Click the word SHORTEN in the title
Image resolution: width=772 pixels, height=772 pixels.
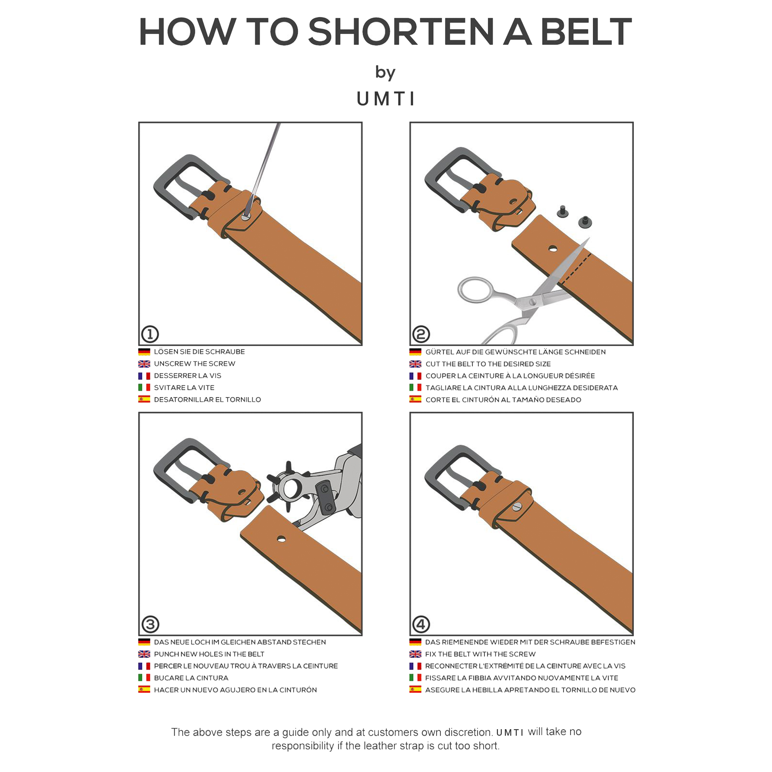[401, 32]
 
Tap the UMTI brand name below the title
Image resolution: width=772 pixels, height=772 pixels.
[386, 99]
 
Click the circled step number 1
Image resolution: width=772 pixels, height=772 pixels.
[150, 334]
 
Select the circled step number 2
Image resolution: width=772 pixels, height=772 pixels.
[421, 334]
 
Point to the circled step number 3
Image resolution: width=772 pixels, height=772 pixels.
[150, 624]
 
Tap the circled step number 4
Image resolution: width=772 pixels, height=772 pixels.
[421, 624]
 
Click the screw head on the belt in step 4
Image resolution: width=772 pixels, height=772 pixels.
[517, 507]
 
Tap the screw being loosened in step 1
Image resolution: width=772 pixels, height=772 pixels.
[245, 217]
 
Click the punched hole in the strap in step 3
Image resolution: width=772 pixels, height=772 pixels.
[281, 540]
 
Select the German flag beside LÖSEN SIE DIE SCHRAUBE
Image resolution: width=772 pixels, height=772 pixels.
[144, 352]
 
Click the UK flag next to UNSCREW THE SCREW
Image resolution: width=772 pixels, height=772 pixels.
[144, 364]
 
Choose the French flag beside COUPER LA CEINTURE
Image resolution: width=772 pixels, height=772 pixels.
[415, 376]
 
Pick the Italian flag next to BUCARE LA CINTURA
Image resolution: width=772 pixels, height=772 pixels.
[144, 678]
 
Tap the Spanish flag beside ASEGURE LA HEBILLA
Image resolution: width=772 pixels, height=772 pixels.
[415, 690]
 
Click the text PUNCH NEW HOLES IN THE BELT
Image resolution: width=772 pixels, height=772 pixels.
[209, 654]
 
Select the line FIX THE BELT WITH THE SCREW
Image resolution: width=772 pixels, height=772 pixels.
[480, 654]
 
